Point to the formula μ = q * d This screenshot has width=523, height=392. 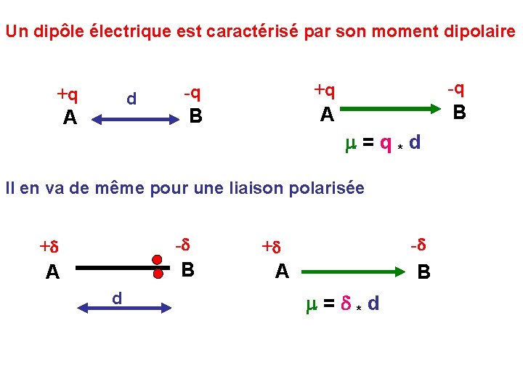tap(382, 143)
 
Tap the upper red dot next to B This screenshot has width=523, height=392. tap(157, 260)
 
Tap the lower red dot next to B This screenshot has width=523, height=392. tap(157, 275)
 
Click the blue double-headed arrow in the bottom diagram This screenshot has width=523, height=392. tap(123, 309)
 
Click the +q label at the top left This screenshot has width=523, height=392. tap(68, 94)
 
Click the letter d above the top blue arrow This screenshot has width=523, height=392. tap(131, 98)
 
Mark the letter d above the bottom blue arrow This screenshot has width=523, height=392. tap(116, 298)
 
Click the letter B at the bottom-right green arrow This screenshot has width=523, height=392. tap(423, 273)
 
